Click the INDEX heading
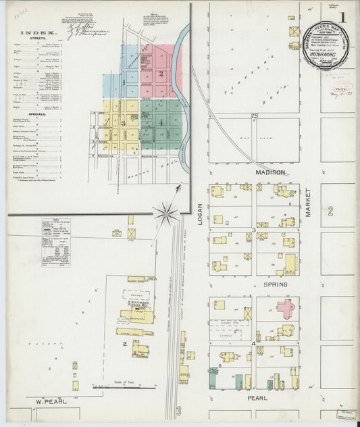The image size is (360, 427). [39, 32]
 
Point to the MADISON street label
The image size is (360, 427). [267, 173]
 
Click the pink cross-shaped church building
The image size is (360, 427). [286, 309]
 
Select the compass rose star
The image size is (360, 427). [164, 215]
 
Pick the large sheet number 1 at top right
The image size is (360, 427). [343, 16]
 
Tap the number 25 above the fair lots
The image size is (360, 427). [255, 116]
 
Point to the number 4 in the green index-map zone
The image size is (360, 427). [161, 123]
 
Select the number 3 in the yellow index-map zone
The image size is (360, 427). [123, 123]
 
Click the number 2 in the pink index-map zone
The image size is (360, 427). [161, 73]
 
